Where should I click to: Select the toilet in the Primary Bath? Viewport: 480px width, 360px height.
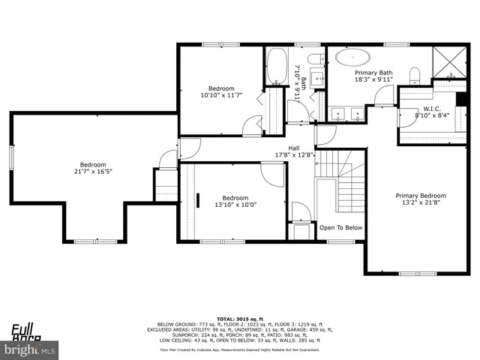pyautogui.click(x=414, y=74)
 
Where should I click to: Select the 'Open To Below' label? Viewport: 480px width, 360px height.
pyautogui.click(x=340, y=227)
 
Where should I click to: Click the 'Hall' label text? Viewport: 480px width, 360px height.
pyautogui.click(x=295, y=148)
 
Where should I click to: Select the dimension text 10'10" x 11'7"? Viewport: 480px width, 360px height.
pyautogui.click(x=221, y=95)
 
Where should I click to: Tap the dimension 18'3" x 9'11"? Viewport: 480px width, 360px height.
pyautogui.click(x=373, y=79)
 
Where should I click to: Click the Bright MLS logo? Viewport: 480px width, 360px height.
pyautogui.click(x=30, y=349)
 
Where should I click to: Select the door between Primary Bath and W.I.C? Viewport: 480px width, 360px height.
pyautogui.click(x=384, y=94)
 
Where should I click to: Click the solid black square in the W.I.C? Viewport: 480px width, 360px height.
pyautogui.click(x=460, y=103)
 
